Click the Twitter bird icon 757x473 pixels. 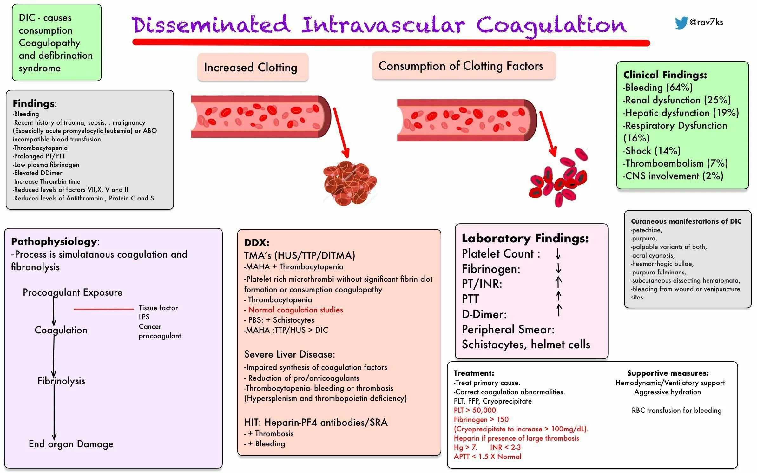coord(681,23)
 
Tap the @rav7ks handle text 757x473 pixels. coord(706,22)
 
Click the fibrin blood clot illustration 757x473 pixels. coord(349,183)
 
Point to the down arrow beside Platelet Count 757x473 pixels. coord(558,254)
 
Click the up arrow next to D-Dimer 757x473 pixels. coord(559,310)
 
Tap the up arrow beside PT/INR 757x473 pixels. coord(558,282)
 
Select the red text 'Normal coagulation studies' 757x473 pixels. coord(295,310)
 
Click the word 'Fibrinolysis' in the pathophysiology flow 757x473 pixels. coord(61,381)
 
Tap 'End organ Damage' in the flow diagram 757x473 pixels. coord(71,444)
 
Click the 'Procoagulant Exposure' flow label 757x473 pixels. coord(73,292)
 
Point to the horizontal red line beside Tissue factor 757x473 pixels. coord(104,309)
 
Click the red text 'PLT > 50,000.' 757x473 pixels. coord(475,410)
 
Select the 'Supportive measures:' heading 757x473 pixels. coord(668,373)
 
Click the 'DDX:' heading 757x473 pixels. coord(257,243)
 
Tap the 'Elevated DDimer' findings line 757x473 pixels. coord(38,173)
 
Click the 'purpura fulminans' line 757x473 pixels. coord(658,272)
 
